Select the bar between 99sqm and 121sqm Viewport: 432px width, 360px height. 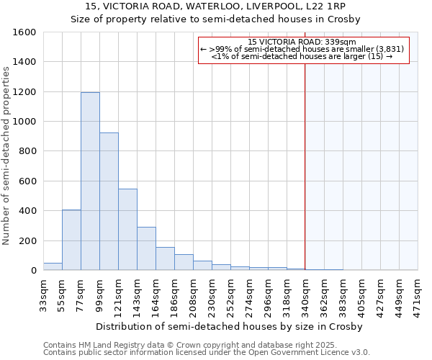coord(109,202)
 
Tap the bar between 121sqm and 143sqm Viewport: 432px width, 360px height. coord(127,230)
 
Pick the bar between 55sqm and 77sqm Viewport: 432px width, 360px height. coord(71,240)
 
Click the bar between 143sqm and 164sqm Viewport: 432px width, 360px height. coord(146,248)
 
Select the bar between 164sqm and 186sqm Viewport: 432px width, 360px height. coord(165,258)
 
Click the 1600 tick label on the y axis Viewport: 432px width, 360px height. coord(24,32)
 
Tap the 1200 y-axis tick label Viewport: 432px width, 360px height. coord(24,92)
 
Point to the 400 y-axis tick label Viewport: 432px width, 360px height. coord(27,211)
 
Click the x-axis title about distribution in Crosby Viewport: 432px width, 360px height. coord(230,326)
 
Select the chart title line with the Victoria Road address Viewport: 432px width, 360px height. coord(215,6)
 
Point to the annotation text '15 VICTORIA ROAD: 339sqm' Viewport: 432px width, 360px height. coord(302,42)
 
